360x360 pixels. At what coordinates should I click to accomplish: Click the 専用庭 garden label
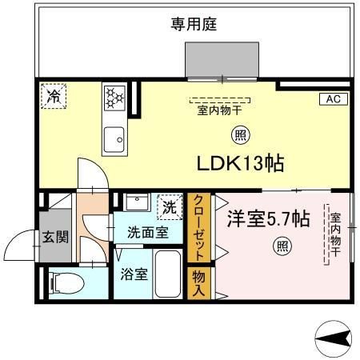194,24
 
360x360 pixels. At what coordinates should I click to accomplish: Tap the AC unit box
334,99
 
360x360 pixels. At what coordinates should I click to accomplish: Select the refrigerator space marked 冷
54,96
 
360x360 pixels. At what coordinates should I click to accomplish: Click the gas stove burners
114,98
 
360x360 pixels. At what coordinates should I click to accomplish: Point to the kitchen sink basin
114,139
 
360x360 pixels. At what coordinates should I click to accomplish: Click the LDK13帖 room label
240,163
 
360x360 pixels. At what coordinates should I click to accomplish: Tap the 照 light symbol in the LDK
241,135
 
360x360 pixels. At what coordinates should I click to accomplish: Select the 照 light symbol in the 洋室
282,246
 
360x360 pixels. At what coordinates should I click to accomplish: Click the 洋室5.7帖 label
268,219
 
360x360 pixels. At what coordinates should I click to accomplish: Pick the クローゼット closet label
199,228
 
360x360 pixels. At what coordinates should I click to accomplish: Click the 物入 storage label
199,283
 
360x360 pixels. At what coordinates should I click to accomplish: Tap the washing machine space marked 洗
170,207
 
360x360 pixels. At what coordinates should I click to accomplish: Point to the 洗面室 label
148,233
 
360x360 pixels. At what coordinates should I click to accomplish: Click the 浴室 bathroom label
134,274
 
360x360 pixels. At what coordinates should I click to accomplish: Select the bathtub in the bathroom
168,274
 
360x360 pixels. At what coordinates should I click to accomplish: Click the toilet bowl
66,282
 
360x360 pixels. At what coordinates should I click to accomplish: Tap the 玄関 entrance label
55,237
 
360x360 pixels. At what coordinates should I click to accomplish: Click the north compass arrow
334,339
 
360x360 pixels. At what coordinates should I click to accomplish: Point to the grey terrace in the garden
222,60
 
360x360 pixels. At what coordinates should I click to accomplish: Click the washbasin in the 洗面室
137,202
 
